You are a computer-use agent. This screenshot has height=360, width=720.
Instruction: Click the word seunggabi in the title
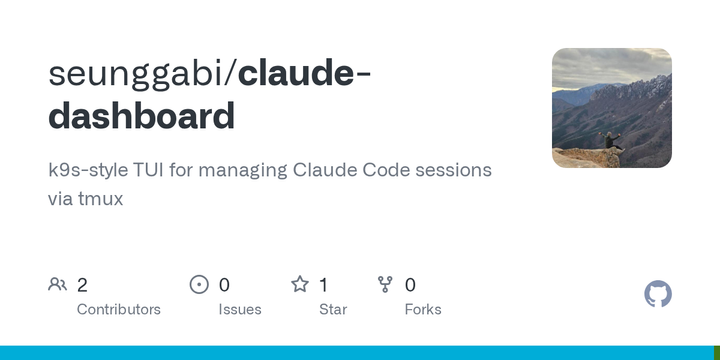pyautogui.click(x=139, y=75)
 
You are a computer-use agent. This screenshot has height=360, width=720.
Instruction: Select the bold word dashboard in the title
pyautogui.click(x=141, y=116)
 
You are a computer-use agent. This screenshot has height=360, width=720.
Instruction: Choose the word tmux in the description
pyautogui.click(x=100, y=198)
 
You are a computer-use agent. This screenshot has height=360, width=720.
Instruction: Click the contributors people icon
pyautogui.click(x=57, y=285)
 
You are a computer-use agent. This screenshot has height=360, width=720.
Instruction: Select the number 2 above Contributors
pyautogui.click(x=82, y=285)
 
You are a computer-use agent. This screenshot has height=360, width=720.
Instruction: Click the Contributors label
pyautogui.click(x=118, y=310)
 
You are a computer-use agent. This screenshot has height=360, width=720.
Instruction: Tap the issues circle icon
pyautogui.click(x=199, y=285)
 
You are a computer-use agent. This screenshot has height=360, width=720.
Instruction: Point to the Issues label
pyautogui.click(x=240, y=310)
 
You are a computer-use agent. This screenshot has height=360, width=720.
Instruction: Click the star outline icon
pyautogui.click(x=300, y=285)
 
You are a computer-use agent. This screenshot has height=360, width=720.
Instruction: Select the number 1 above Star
pyautogui.click(x=323, y=285)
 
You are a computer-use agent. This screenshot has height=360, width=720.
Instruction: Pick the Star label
pyautogui.click(x=333, y=310)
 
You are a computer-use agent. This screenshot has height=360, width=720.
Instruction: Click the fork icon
pyautogui.click(x=385, y=285)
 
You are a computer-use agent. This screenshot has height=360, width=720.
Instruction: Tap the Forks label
pyautogui.click(x=423, y=310)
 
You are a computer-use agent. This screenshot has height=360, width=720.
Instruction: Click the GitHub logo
pyautogui.click(x=658, y=294)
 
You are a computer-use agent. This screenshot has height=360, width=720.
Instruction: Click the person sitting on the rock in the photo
pyautogui.click(x=612, y=142)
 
